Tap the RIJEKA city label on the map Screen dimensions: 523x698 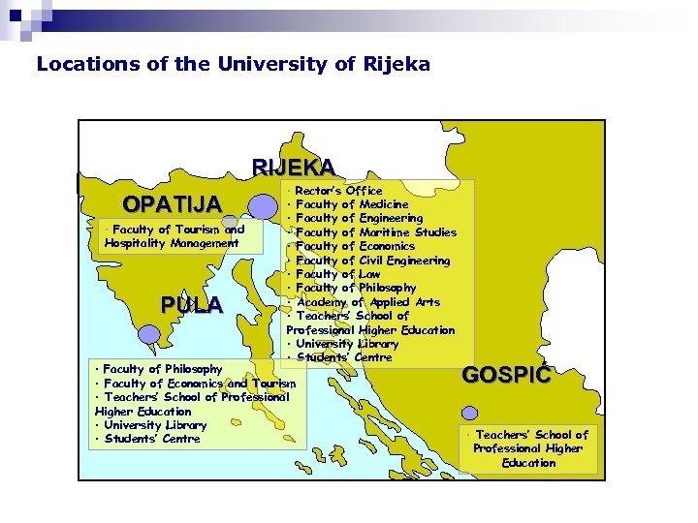coord(294,167)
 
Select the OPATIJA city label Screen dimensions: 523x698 coord(172,204)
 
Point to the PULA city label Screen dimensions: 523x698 coord(192,305)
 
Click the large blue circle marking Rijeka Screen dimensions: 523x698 coord(263,205)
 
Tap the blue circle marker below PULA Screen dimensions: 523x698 coord(148,334)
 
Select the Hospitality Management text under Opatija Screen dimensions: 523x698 coord(172,243)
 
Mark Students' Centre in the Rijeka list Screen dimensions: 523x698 coord(334,357)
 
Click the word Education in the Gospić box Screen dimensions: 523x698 coord(529,462)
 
